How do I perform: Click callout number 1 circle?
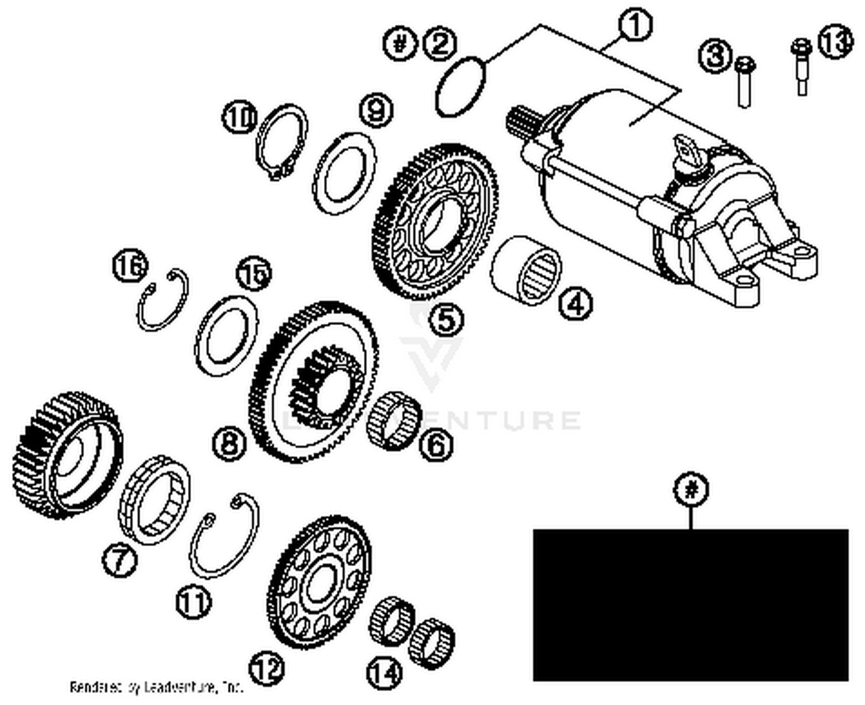pyautogui.click(x=634, y=26)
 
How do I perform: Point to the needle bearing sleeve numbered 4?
pyautogui.click(x=526, y=269)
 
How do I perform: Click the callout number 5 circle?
pyautogui.click(x=446, y=319)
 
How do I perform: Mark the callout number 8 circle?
pyautogui.click(x=229, y=444)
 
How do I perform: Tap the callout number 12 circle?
pyautogui.click(x=266, y=669)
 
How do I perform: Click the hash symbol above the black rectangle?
pyautogui.click(x=691, y=490)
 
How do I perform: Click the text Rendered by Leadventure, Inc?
pyautogui.click(x=156, y=687)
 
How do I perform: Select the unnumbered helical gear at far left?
pyautogui.click(x=66, y=455)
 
